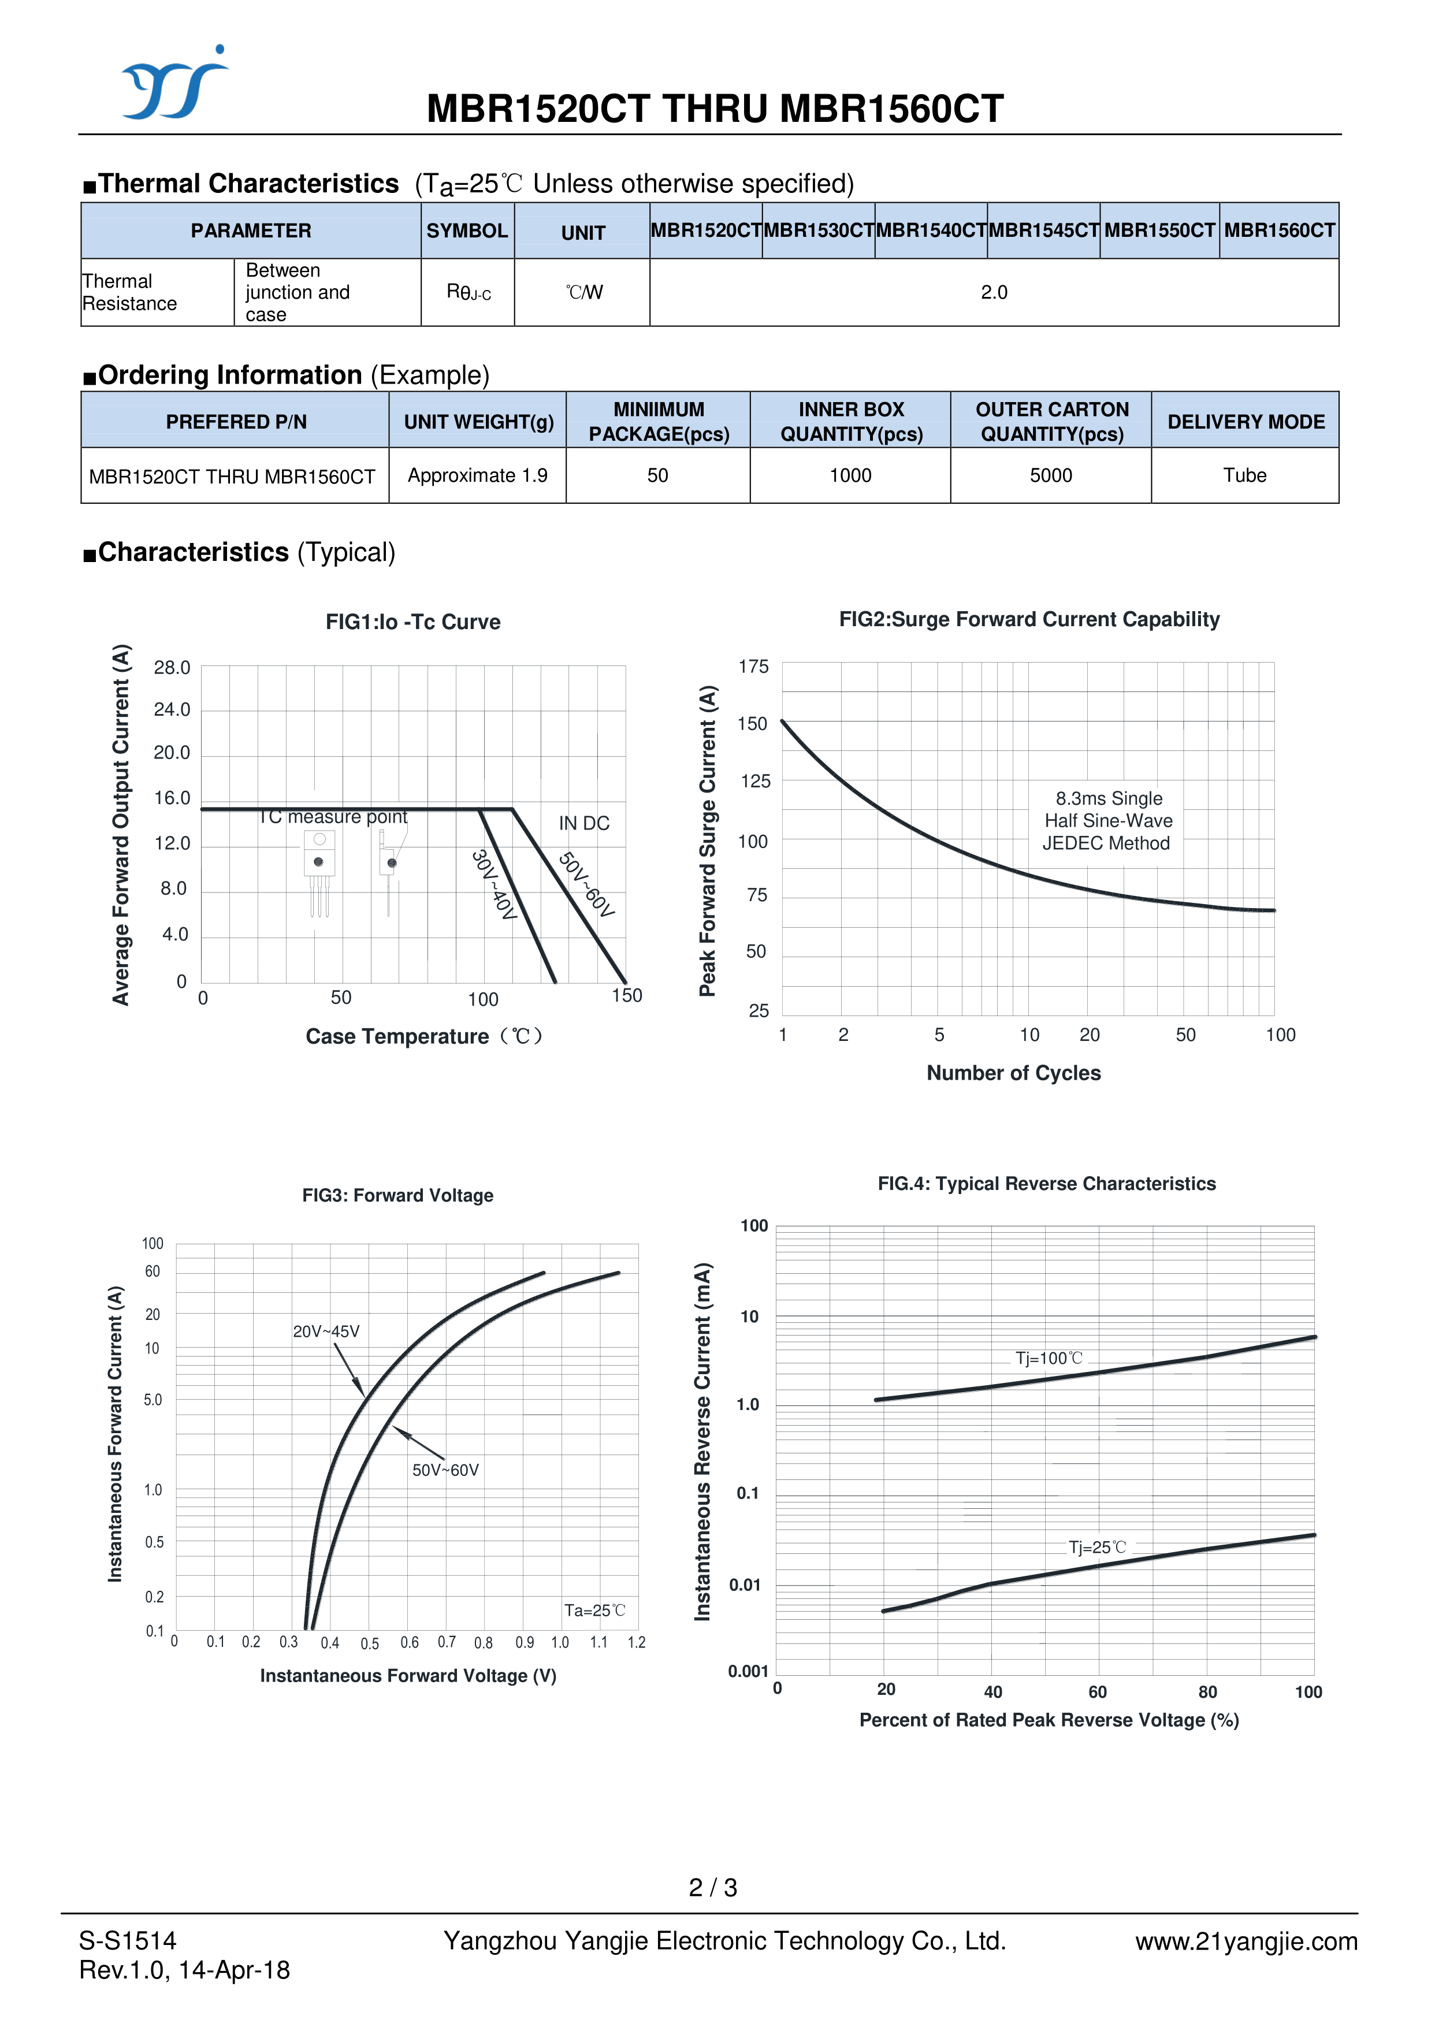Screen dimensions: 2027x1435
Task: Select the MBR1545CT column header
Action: click(1043, 230)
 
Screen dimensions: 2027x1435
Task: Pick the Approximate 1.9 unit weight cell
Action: click(477, 475)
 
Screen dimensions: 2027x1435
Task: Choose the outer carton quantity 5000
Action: click(1051, 475)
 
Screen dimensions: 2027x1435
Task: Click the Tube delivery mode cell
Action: click(1244, 475)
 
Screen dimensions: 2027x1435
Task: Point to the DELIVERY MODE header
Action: click(1245, 422)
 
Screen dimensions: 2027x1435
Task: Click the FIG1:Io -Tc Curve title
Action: click(412, 622)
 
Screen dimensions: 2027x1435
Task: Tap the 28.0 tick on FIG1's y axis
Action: click(172, 668)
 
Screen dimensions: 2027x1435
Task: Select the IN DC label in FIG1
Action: click(583, 824)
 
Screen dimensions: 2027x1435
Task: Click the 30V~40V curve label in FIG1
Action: click(493, 884)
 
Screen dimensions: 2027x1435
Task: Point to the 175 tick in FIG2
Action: click(754, 667)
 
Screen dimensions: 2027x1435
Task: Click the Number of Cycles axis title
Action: click(1013, 1073)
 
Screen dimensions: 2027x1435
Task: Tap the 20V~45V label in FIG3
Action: click(326, 1332)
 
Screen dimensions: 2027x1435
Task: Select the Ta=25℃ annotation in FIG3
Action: click(594, 1611)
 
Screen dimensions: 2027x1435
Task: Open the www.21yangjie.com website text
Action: click(1246, 1942)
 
